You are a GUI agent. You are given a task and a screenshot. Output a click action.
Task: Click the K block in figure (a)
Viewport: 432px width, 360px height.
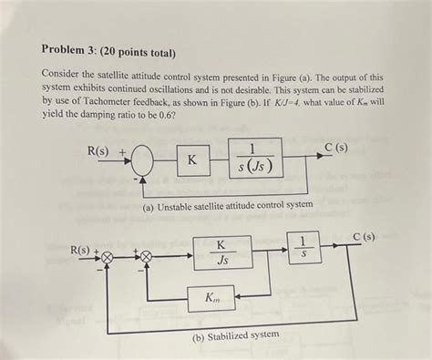point(192,159)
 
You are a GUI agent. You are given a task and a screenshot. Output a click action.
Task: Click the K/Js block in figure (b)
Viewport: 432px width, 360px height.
point(220,252)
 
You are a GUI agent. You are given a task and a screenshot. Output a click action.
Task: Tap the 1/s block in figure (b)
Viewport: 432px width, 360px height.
point(303,247)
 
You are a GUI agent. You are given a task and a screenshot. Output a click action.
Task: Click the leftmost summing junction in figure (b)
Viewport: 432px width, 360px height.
point(107,258)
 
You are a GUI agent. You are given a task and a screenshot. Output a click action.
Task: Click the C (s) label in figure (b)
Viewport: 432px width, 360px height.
point(364,237)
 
